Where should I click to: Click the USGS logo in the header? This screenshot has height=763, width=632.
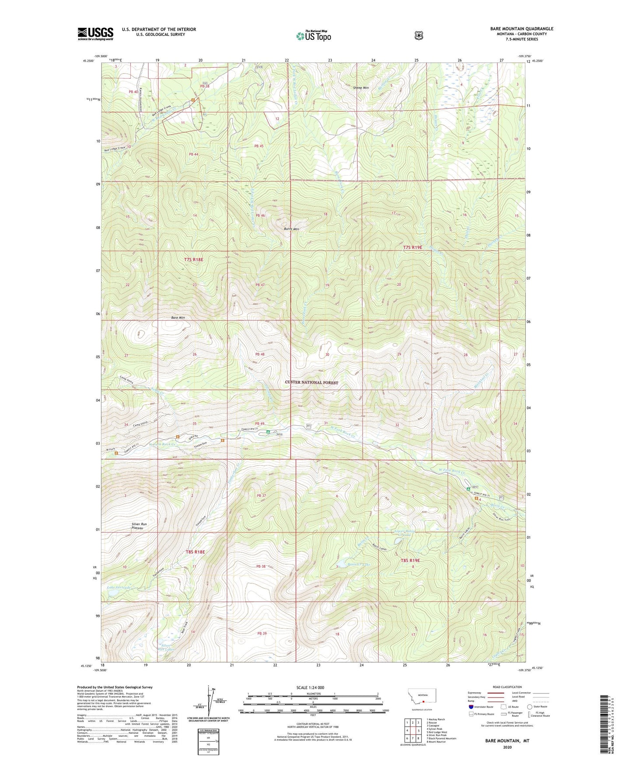tap(95, 34)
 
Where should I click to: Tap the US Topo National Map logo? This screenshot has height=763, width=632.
tap(313, 36)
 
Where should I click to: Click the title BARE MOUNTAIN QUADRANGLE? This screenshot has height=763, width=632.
tap(521, 29)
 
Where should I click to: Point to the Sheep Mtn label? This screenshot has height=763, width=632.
tap(361, 88)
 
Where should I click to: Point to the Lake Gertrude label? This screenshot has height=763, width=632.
tap(119, 588)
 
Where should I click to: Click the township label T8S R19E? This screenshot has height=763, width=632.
tap(410, 560)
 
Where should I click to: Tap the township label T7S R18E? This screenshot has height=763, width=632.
tap(194, 260)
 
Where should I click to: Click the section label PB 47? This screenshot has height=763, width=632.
tap(260, 285)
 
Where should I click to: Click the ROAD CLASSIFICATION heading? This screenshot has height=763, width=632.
tap(507, 687)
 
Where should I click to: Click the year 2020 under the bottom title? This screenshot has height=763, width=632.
tap(507, 747)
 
